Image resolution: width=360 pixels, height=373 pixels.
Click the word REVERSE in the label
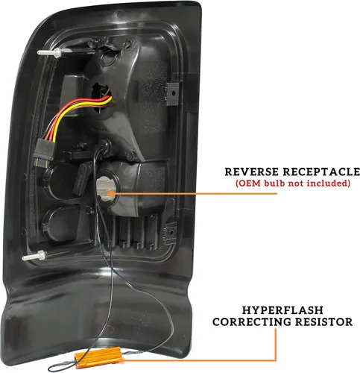[252, 172]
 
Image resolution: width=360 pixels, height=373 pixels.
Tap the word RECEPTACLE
[321, 172]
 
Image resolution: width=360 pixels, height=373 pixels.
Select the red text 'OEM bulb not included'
[293, 184]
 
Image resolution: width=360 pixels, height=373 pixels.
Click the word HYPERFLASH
[282, 310]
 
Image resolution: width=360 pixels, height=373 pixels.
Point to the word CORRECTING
[251, 322]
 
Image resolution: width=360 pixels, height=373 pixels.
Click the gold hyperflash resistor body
[98, 357]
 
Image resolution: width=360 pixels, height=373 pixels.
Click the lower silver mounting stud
[35, 256]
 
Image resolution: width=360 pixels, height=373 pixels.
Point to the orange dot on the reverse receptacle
[111, 193]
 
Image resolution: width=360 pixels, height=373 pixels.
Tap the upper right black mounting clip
[172, 93]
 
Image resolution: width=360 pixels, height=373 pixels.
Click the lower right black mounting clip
[171, 232]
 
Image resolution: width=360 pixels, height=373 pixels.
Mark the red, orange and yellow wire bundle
[75, 114]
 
